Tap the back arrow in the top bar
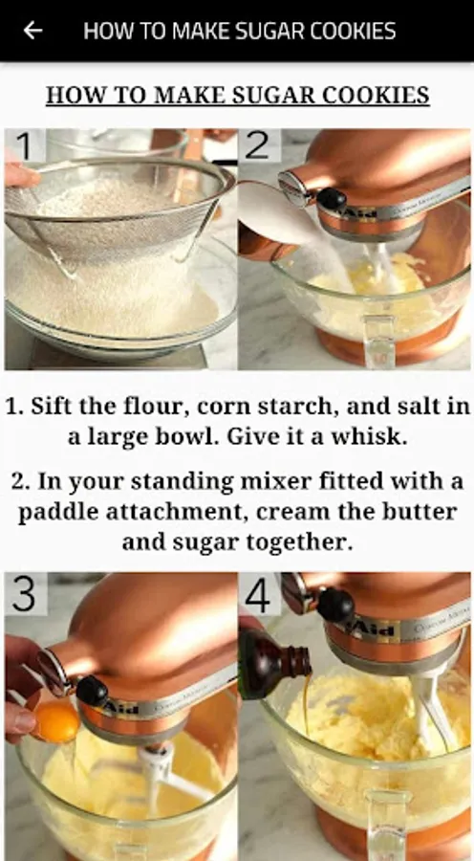point(32,31)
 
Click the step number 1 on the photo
point(24,146)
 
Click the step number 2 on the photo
point(257,145)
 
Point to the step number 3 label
point(24,593)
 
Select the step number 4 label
point(258,595)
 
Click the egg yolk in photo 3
point(57,721)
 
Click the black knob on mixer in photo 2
point(331,199)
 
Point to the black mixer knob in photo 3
point(92,690)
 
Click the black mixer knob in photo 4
point(335,605)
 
